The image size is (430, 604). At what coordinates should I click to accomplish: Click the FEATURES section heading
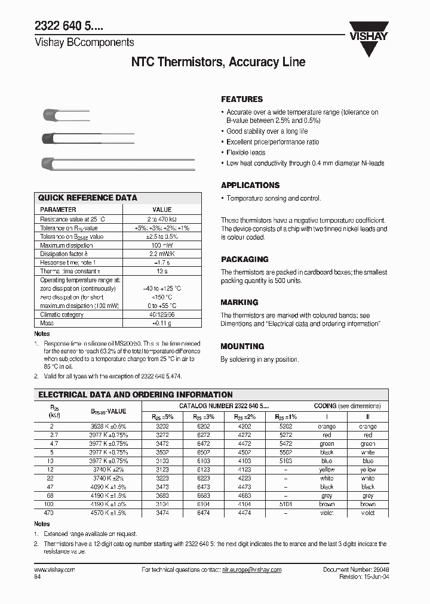242,99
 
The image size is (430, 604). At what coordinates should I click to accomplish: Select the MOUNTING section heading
242,346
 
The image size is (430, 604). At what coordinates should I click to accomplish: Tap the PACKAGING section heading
245,260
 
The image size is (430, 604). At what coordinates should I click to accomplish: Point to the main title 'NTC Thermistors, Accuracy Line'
218,63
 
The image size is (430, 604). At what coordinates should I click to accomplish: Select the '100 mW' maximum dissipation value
162,245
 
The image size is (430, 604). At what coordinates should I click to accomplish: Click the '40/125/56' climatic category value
162,315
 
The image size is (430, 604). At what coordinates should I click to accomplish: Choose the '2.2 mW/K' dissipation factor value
162,254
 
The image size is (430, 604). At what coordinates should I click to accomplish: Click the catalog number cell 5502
286,452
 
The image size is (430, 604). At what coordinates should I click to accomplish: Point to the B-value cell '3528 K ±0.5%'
109,427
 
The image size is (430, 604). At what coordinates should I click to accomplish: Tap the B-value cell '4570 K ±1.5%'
109,513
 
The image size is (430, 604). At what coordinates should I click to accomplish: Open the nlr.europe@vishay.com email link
251,570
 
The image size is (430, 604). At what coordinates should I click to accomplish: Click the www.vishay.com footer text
59,570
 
